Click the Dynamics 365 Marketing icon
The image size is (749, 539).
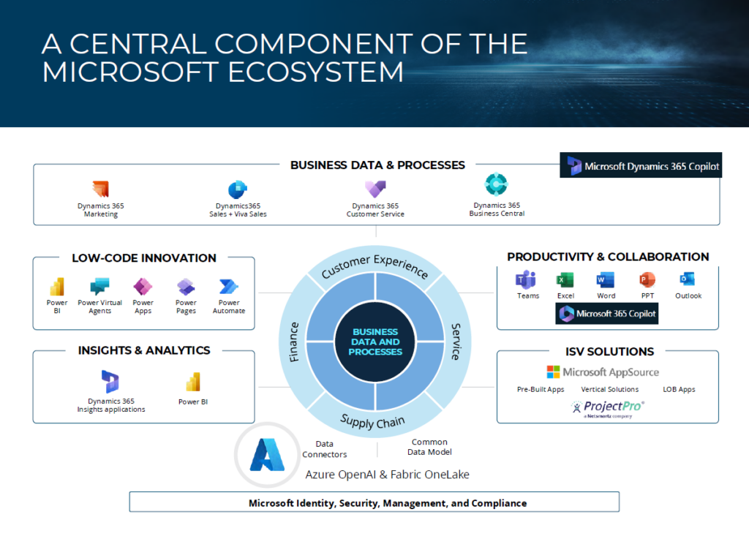tap(101, 189)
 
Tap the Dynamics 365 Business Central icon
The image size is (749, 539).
tap(497, 184)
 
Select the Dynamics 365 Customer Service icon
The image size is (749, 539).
tap(375, 189)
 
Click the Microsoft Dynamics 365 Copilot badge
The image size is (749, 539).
tap(641, 165)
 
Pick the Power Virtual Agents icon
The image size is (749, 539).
tap(99, 287)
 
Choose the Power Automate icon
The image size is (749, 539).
tap(229, 287)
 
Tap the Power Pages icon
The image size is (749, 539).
tap(186, 287)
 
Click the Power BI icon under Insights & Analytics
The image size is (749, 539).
tap(193, 382)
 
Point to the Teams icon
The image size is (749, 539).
tap(526, 280)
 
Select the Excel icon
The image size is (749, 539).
tap(565, 280)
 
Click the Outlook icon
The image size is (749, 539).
tap(688, 279)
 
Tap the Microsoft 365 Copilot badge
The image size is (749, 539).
tap(606, 314)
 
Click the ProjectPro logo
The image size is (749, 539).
tap(608, 409)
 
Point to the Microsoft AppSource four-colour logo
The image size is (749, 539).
tap(553, 372)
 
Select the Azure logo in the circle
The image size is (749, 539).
tap(267, 455)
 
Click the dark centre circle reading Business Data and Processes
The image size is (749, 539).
tap(375, 342)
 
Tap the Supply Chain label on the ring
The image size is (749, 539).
tap(372, 422)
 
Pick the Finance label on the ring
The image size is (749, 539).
tap(294, 342)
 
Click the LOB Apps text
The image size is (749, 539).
tap(679, 390)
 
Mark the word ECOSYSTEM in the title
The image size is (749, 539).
tap(315, 72)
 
